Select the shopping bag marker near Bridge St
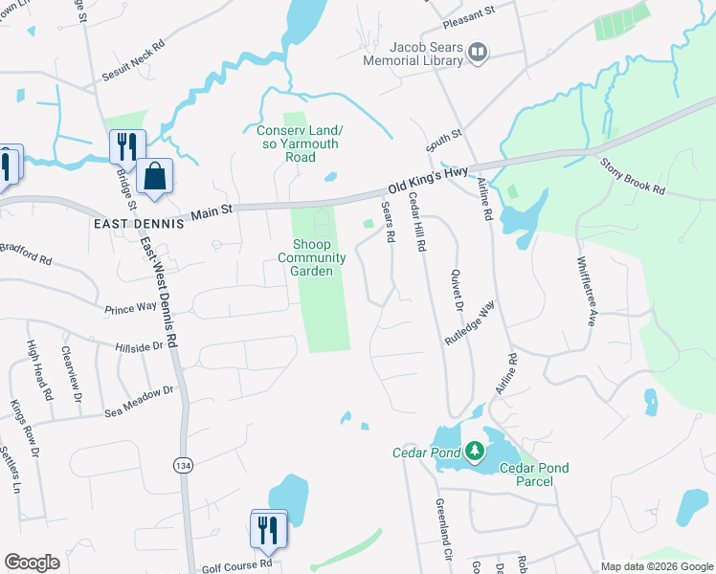pos(154,176)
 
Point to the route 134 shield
pos(183,465)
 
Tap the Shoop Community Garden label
pos(312,257)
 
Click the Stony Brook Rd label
pos(632,177)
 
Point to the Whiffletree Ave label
pos(585,291)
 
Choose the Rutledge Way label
pos(470,322)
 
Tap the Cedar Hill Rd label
pos(417,221)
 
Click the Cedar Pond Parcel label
pos(534,475)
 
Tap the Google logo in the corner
pos(32,563)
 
